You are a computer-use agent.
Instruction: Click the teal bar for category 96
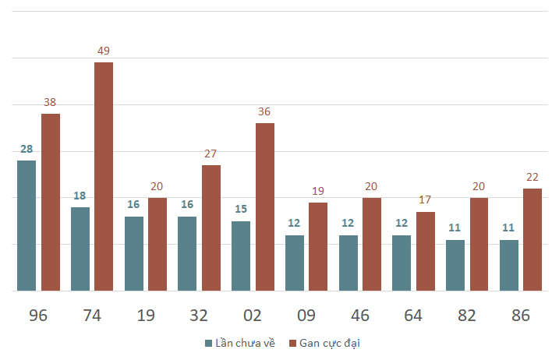point(27,226)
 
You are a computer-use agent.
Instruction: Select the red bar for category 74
point(104,176)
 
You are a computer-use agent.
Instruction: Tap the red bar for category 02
point(265,206)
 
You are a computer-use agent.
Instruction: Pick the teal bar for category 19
point(134,254)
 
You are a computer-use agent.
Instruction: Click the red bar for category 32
point(211,228)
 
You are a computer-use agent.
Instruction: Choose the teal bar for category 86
point(509,265)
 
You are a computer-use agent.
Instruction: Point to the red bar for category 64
point(426,251)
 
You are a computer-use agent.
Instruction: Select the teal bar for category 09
point(295,263)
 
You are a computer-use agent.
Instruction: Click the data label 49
point(104,51)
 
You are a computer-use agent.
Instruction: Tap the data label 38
point(50,102)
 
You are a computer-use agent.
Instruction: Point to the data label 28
point(27,149)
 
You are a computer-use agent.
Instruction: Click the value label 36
point(264,111)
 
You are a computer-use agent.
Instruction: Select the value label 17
point(425,199)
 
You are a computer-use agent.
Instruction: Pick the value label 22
point(532,177)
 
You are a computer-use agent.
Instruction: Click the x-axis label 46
point(360,316)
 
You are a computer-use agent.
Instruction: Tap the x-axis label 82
point(467,316)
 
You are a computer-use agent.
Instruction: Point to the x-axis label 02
point(253,316)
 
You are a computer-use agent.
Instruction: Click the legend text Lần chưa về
point(246,343)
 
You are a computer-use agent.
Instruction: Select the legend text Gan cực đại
point(330,344)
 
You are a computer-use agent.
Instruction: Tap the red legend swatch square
point(292,344)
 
